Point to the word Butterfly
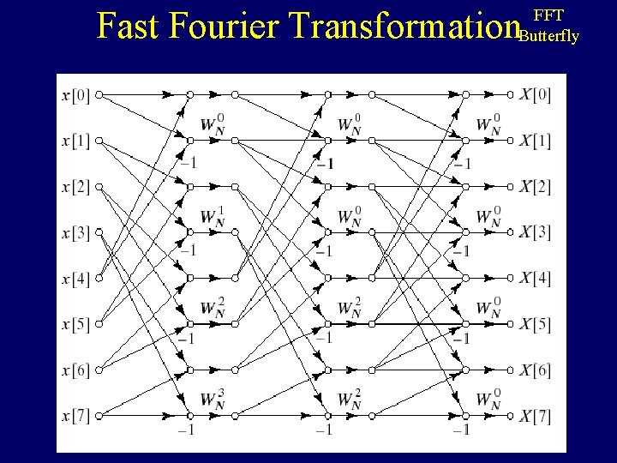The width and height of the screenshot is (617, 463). click(x=548, y=36)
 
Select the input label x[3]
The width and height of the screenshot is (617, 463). click(x=75, y=231)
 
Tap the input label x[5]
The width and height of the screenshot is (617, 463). click(x=75, y=324)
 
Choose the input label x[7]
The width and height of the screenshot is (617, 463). click(x=75, y=417)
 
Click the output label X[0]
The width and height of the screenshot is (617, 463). click(x=535, y=93)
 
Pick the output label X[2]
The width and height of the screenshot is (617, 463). click(x=535, y=186)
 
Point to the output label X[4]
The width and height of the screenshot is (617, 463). click(x=535, y=279)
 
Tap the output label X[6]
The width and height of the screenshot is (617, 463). click(x=535, y=370)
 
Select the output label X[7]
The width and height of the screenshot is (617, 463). click(x=535, y=417)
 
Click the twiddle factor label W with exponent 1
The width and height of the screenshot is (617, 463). click(x=213, y=218)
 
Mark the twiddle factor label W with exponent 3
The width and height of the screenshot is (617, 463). click(x=213, y=400)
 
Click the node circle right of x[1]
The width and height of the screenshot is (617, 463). click(x=99, y=140)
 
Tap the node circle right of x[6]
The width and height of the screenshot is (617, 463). click(x=99, y=370)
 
